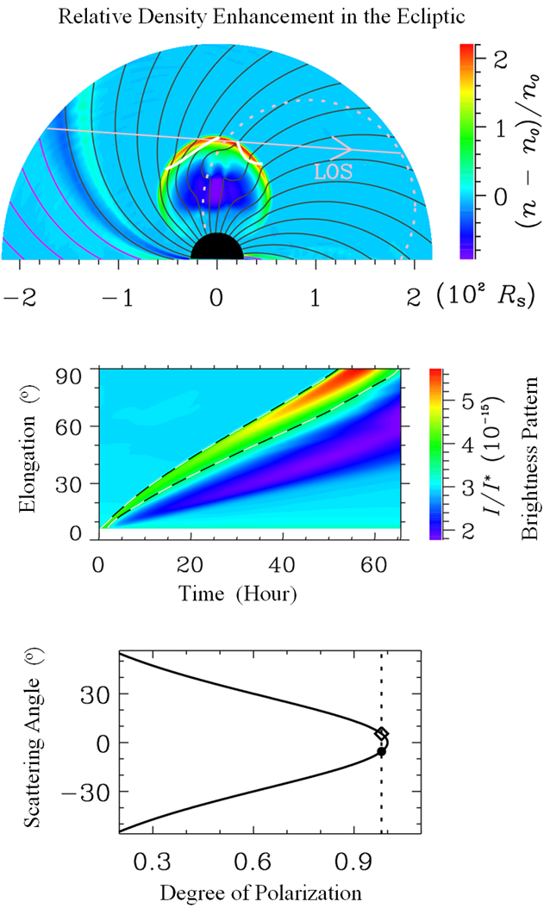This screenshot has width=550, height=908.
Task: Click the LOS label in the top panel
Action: point(328,171)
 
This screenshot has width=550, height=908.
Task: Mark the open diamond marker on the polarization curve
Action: point(382,734)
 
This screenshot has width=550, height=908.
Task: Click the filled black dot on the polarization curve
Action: point(382,751)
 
